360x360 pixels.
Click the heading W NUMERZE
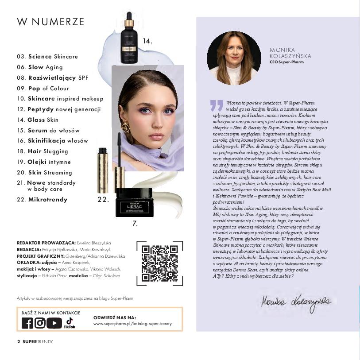coord(50,22)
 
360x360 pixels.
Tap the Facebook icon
coord(27,323)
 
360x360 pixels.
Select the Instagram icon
coord(40,323)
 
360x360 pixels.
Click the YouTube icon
coord(54,323)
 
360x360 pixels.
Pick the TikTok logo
coord(69,323)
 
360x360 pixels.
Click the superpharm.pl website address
coord(132,324)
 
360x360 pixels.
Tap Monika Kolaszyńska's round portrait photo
coord(234,58)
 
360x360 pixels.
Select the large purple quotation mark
coord(217,105)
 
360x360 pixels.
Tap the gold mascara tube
coord(103,170)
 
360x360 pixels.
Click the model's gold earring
coord(126,128)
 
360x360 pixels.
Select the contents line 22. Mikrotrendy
coord(42,200)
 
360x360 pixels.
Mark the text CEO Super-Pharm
coord(286,62)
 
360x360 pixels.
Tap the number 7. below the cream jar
coord(135,224)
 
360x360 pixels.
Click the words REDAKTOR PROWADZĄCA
coord(46,243)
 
